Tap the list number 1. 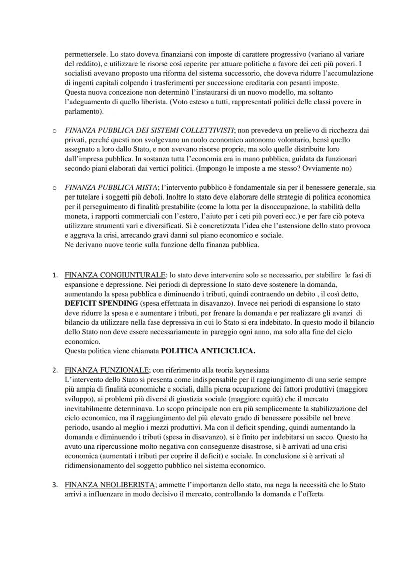click(x=55, y=275)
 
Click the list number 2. click(x=55, y=370)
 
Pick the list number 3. click(x=55, y=485)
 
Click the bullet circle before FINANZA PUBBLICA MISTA click(x=54, y=188)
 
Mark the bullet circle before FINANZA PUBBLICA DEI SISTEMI click(x=54, y=131)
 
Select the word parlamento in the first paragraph click(x=83, y=111)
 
